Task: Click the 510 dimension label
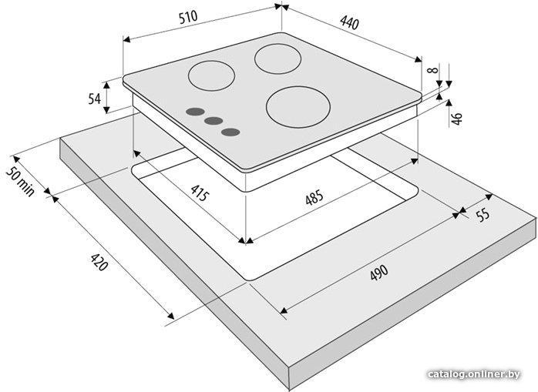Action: pyautogui.click(x=188, y=17)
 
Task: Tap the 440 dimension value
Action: pyautogui.click(x=350, y=22)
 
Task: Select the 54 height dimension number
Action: pyautogui.click(x=94, y=99)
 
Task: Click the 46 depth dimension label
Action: pyautogui.click(x=457, y=119)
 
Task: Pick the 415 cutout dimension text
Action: pyautogui.click(x=200, y=193)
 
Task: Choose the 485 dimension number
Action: pyautogui.click(x=314, y=198)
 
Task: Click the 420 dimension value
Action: pyautogui.click(x=99, y=262)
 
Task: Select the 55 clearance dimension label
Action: pyautogui.click(x=483, y=215)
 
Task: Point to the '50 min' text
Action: pyautogui.click(x=20, y=182)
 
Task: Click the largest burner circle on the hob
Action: pyautogui.click(x=298, y=106)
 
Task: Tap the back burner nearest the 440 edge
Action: pyautogui.click(x=278, y=59)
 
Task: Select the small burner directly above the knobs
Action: pyautogui.click(x=211, y=75)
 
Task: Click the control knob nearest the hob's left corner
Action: pyautogui.click(x=195, y=112)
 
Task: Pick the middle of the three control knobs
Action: pyautogui.click(x=214, y=121)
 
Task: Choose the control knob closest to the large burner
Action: pyautogui.click(x=230, y=132)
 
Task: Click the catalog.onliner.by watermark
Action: pyautogui.click(x=474, y=374)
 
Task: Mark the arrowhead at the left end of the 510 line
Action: pyautogui.click(x=126, y=40)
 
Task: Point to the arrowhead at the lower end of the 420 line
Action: pyautogui.click(x=170, y=316)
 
